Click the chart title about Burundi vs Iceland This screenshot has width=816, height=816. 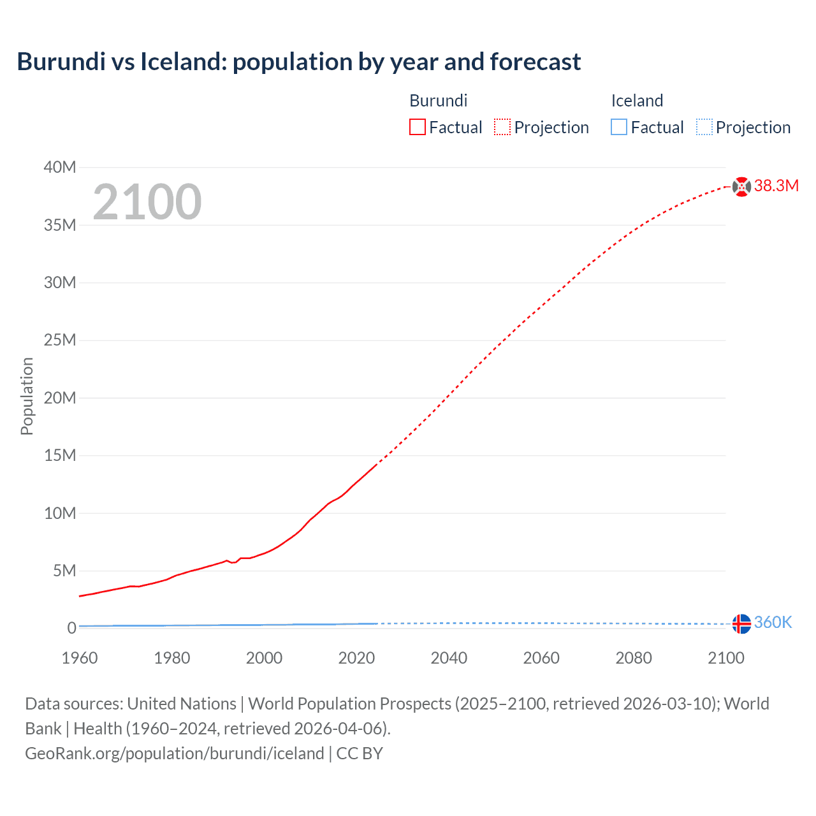coord(298,62)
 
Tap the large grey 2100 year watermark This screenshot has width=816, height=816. coord(147,202)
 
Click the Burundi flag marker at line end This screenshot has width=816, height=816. coord(741,187)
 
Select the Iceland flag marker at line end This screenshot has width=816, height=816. coord(741,624)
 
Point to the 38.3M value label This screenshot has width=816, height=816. coord(776,186)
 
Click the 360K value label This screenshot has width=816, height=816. coord(773,623)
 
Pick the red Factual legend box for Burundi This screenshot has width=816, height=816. coord(418,127)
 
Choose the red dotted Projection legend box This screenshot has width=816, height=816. coord(502,127)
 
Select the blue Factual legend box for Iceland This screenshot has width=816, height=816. coord(619,127)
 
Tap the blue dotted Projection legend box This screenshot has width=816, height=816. coord(704,127)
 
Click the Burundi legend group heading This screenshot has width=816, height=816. coord(438,101)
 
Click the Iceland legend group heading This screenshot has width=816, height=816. coord(637,101)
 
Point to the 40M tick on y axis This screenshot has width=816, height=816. coord(60,168)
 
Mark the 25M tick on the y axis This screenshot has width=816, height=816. coord(60,340)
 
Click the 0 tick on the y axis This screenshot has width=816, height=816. coord(71,629)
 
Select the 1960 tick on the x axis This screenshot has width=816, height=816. coord(80,658)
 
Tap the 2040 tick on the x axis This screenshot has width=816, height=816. coord(449,658)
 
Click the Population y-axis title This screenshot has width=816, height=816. coord(27,396)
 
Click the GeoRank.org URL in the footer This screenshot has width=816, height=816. coord(174,754)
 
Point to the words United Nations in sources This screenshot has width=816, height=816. coord(182,704)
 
